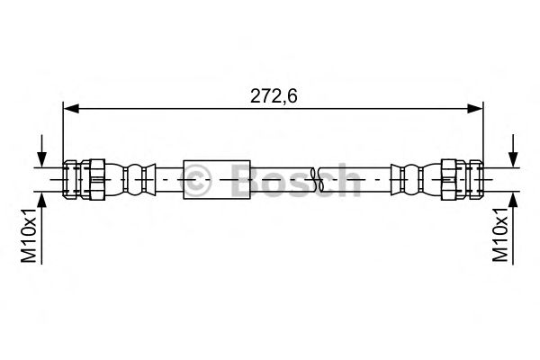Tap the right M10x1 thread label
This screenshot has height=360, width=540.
tap(500, 237)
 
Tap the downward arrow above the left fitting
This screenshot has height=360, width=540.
tap(40, 153)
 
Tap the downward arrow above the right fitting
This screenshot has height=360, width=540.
tap(512, 153)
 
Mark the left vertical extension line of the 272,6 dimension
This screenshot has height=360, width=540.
tap(62, 135)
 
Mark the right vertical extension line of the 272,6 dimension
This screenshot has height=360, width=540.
tap(481, 135)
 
